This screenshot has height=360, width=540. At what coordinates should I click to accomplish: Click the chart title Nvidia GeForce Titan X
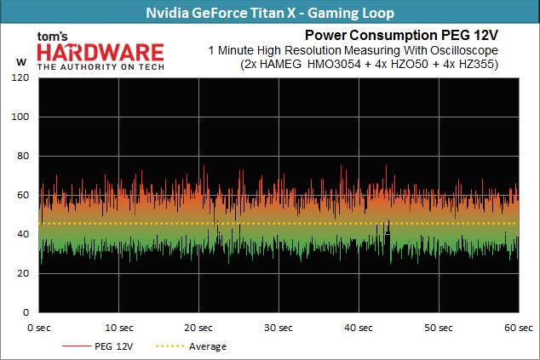coord(270,13)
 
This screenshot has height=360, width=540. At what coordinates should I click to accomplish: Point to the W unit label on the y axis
coord(20,61)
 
